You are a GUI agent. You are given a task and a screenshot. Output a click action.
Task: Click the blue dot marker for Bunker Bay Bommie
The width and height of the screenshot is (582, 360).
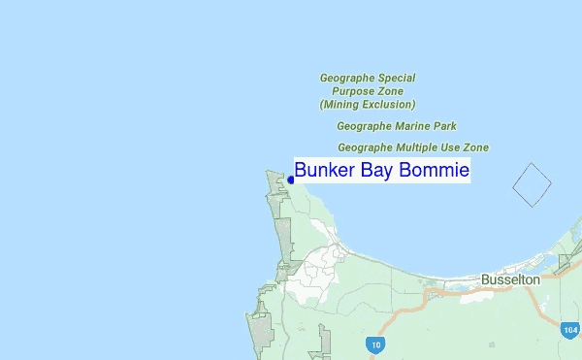pyautogui.click(x=291, y=179)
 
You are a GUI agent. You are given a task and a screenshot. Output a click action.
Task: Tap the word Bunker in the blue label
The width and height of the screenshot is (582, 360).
pyautogui.click(x=324, y=171)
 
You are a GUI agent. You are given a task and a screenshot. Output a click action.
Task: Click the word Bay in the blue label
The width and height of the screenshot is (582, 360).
pyautogui.click(x=378, y=172)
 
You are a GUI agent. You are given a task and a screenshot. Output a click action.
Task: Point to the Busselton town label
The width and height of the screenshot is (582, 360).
pyautogui.click(x=510, y=279)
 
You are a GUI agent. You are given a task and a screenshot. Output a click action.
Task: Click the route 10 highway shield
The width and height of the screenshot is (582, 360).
pyautogui.click(x=375, y=344)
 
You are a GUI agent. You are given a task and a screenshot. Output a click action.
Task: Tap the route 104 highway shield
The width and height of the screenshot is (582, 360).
pyautogui.click(x=570, y=330)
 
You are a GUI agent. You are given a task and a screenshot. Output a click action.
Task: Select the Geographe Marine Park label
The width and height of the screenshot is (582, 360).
pyautogui.click(x=397, y=126)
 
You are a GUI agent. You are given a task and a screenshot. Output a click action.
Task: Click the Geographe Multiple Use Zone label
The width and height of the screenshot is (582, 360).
pyautogui.click(x=413, y=147)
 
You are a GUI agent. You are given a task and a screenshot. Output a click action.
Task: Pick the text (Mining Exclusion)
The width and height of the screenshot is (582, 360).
pyautogui.click(x=368, y=104)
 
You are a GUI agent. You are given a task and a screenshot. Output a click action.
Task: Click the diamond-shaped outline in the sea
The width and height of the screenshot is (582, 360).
pyautogui.click(x=532, y=183)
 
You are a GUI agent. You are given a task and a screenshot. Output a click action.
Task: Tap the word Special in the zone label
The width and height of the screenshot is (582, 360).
pyautogui.click(x=397, y=78)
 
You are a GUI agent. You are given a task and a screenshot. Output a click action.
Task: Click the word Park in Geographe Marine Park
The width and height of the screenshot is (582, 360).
pyautogui.click(x=445, y=126)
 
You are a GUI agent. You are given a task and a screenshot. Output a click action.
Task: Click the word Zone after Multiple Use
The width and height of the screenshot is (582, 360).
pyautogui.click(x=476, y=147)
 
